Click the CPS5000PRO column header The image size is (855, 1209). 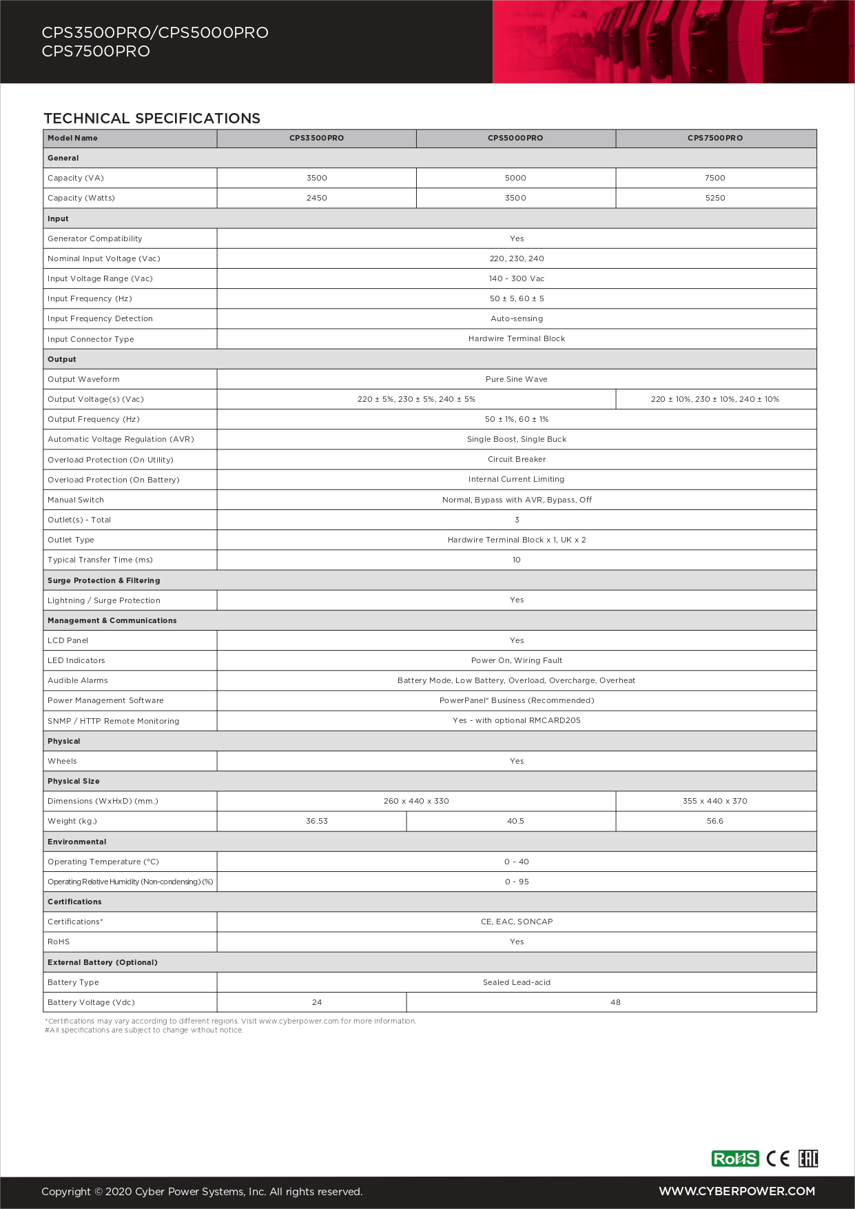515,138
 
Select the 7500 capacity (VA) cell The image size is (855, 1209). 715,178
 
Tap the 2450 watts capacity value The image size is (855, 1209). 317,198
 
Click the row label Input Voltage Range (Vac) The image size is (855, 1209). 100,278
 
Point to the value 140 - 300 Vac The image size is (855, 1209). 517,278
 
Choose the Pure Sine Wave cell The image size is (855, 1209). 517,379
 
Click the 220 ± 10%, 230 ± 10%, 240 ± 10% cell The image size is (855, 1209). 715,399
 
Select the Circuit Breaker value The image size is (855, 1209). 517,459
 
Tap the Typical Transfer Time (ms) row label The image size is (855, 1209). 100,560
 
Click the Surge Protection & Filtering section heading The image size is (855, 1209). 103,580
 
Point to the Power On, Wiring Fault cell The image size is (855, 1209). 517,660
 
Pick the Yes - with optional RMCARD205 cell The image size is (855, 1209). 517,720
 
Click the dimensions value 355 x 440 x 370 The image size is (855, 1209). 715,801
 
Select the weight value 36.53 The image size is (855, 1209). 317,821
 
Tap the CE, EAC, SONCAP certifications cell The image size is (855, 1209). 517,922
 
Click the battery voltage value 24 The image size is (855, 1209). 317,1002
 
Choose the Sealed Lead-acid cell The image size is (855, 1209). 517,982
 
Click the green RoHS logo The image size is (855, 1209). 735,1159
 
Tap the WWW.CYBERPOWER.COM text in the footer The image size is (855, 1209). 736,1191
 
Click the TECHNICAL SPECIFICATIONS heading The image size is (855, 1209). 152,119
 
